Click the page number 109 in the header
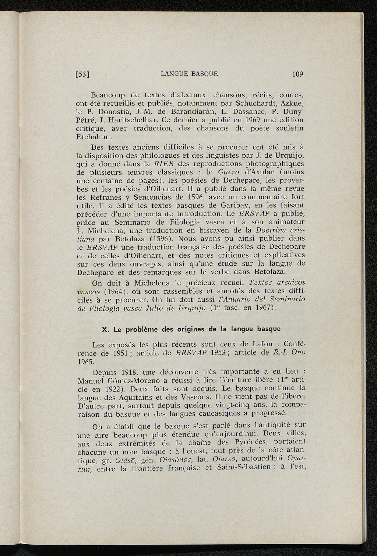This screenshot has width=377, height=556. pyautogui.click(x=297, y=74)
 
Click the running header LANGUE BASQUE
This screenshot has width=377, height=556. pyautogui.click(x=189, y=74)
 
